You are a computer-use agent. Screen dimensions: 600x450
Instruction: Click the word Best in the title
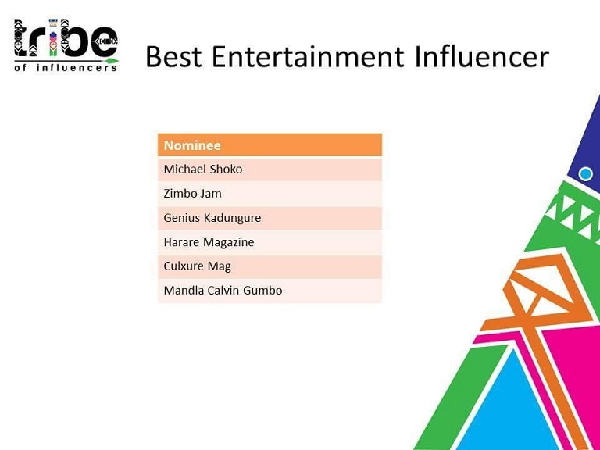tap(173, 56)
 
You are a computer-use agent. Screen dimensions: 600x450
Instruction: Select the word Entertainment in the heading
tap(308, 56)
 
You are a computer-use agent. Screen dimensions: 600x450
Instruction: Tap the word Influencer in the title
tap(482, 56)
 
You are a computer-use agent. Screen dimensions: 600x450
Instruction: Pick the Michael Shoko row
tap(270, 169)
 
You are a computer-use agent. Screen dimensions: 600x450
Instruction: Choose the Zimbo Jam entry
tap(270, 194)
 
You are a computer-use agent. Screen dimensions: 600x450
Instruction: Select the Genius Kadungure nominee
tap(270, 218)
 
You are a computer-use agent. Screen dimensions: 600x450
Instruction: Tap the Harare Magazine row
tap(270, 242)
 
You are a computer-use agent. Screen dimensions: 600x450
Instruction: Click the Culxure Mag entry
tap(270, 266)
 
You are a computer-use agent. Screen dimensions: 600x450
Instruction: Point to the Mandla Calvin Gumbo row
tap(270, 291)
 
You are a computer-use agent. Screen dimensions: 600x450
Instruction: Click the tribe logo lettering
tap(66, 37)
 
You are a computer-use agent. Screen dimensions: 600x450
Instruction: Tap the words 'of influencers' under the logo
tap(66, 68)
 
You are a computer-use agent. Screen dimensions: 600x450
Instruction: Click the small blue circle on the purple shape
tap(585, 173)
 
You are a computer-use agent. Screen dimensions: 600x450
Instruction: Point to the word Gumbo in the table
tap(262, 291)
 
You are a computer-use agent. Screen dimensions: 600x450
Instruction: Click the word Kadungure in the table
tap(232, 218)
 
